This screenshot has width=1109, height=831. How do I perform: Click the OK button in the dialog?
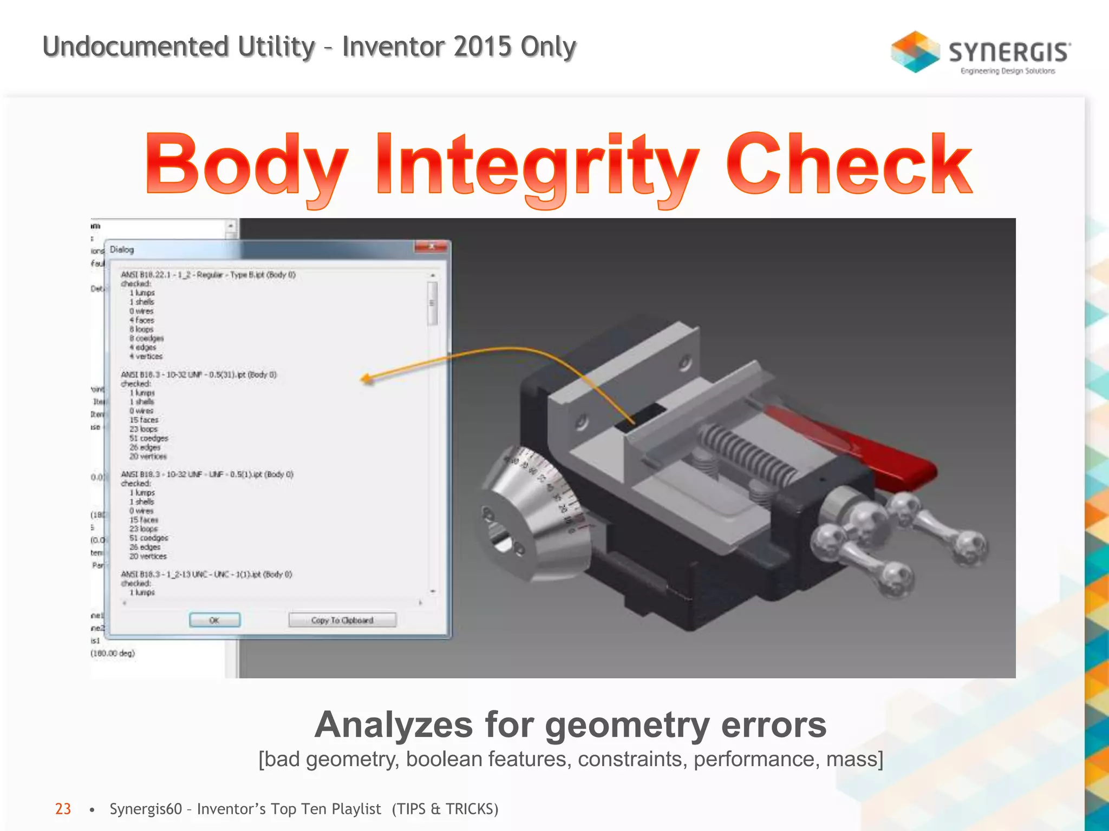coord(214,620)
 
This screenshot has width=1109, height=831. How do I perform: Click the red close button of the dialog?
coord(431,247)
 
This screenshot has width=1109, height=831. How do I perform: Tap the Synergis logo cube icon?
coord(915,52)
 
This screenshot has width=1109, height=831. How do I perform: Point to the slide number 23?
coord(63,809)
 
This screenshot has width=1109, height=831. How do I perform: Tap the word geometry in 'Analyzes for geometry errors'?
coord(627,725)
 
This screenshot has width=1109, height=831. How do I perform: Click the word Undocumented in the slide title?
coord(135,47)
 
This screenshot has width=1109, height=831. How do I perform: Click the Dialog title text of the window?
coord(122,249)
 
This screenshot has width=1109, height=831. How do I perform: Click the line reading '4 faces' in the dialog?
coord(142,320)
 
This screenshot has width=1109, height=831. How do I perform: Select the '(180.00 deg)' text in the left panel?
coord(113,653)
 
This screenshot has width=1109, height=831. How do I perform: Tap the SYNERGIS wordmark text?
coord(1009,52)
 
